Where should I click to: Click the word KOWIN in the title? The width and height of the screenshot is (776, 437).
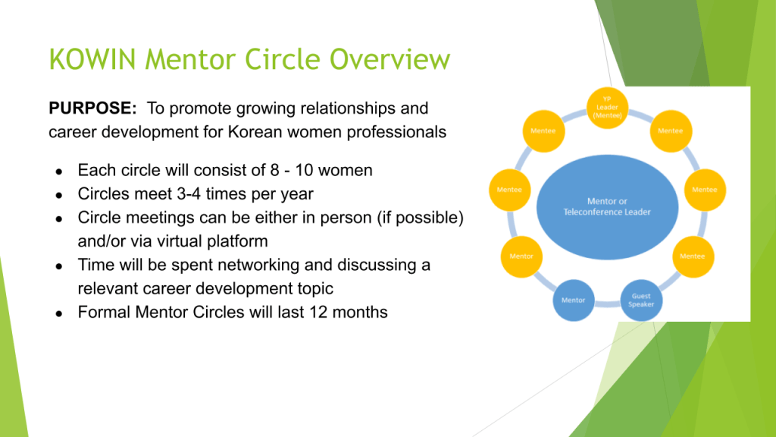coord(92,59)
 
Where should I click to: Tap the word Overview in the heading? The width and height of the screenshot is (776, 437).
coord(390,59)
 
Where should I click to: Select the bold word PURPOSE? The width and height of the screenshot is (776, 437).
coord(92,108)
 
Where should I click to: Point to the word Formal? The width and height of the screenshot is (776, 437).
coord(104,312)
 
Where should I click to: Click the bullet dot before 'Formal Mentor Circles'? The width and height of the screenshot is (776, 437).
coord(59,313)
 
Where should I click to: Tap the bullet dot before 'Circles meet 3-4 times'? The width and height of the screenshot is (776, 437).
coord(59,195)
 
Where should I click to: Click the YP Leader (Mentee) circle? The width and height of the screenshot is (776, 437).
coord(607,108)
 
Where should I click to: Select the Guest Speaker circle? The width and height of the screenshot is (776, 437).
coord(641,300)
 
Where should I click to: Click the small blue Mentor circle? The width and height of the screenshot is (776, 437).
coord(574,300)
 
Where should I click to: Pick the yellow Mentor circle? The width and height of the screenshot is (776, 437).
coord(521,256)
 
